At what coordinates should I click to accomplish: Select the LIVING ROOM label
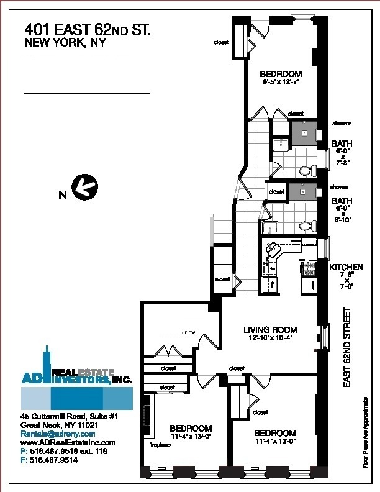coord(269,330)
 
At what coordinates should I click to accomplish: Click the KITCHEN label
coord(346,267)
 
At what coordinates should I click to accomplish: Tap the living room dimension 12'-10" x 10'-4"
coord(269,339)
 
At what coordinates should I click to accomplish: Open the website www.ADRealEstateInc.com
coord(68,442)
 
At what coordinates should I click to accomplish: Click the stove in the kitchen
coord(308,269)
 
